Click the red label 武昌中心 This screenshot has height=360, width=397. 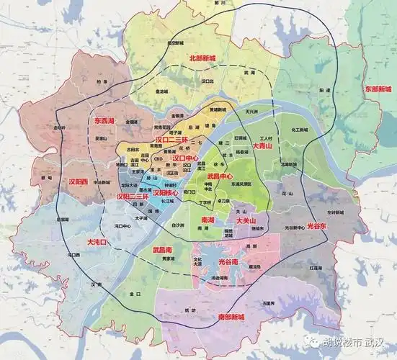220,175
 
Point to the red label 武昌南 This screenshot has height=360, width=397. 164,249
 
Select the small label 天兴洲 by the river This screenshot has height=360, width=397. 251,113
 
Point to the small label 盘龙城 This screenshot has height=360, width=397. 164,92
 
